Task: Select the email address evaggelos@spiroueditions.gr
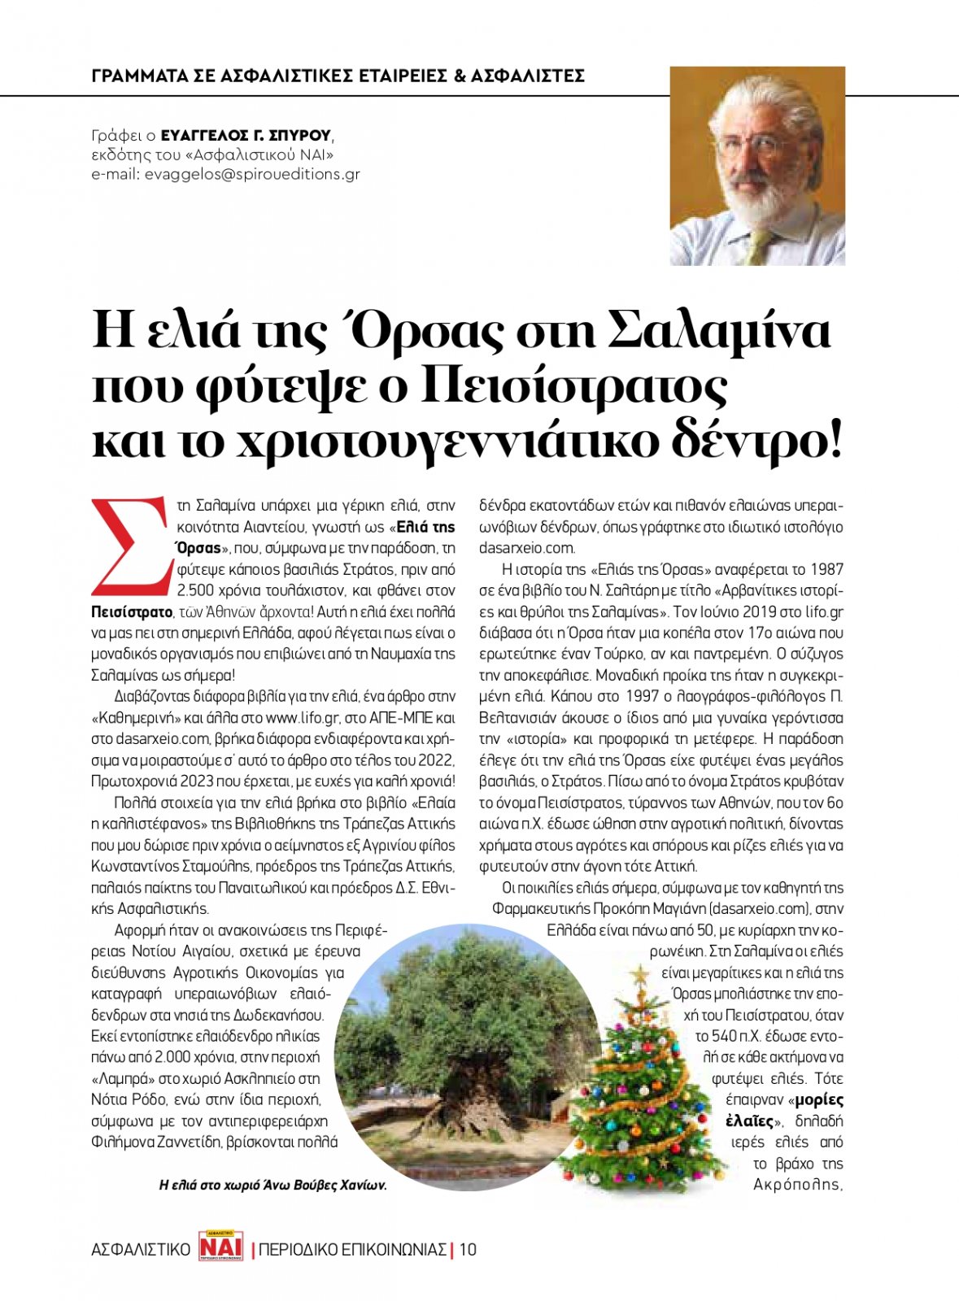pos(252,174)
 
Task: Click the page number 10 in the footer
pos(468,1249)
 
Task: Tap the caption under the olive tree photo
pos(272,1186)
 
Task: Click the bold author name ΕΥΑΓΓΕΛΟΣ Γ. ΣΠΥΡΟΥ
pos(246,135)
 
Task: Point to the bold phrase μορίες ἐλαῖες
pos(784,1111)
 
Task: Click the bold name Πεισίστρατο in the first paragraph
pos(131,611)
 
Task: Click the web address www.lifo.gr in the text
pos(302,718)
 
